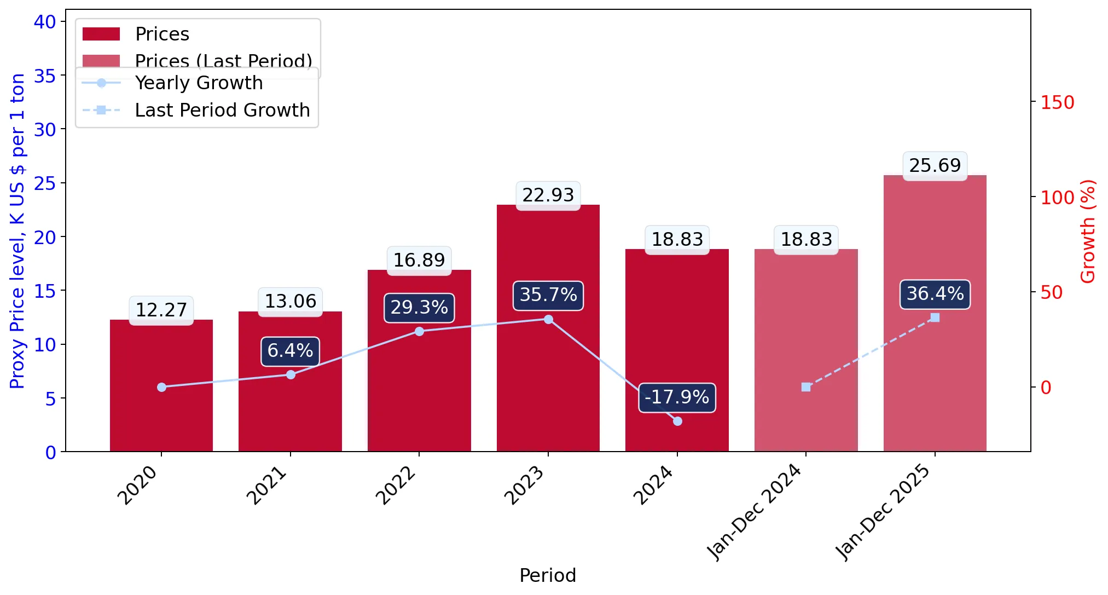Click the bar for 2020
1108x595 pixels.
click(x=161, y=385)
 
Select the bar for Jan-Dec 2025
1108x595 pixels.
click(x=935, y=313)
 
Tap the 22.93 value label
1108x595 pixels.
click(x=548, y=195)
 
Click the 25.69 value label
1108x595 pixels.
click(x=935, y=165)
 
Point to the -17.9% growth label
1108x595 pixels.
click(x=677, y=397)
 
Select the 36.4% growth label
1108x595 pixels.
click(x=935, y=294)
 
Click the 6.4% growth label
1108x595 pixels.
click(x=291, y=351)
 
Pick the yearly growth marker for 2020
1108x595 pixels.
click(x=161, y=387)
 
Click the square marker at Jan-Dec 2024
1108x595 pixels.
click(x=806, y=387)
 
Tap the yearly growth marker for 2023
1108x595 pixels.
click(x=548, y=319)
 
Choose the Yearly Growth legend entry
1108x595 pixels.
click(x=172, y=83)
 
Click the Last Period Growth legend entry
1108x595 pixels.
click(x=196, y=111)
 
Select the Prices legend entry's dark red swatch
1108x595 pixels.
click(x=101, y=34)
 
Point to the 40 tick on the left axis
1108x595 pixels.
click(x=45, y=22)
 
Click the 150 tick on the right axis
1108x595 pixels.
click(x=1057, y=102)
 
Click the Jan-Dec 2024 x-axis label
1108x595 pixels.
click(x=755, y=512)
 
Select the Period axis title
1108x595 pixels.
click(x=548, y=575)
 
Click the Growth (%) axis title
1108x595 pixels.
click(x=1088, y=232)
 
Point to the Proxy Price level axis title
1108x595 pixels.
click(x=18, y=231)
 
